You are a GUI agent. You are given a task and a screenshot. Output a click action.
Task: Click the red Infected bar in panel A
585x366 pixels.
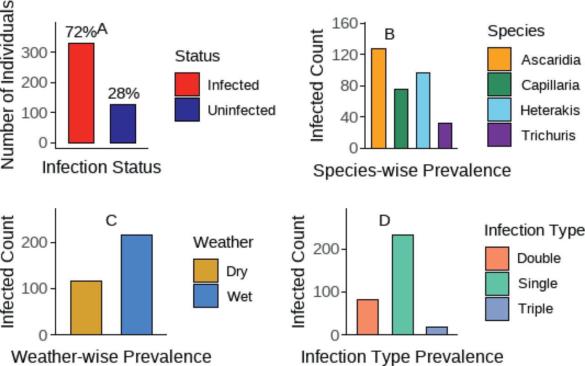pos(81,93)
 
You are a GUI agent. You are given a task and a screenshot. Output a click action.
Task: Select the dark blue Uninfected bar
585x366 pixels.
pos(123,124)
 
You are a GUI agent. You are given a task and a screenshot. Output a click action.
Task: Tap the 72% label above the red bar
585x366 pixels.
pos(80,33)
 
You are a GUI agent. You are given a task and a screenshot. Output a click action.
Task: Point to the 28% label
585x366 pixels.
pos(123,94)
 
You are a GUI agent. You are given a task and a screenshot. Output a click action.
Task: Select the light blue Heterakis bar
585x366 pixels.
pos(423,110)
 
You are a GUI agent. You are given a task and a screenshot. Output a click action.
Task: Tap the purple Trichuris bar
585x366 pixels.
pos(445,136)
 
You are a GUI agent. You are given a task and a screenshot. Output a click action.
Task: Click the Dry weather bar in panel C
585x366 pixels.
pos(86,308)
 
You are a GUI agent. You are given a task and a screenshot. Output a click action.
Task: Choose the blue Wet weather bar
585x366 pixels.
pos(137,285)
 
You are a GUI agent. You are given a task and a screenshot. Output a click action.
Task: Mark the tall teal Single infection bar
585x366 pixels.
pos(402,285)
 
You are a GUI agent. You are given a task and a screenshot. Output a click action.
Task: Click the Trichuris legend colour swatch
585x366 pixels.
pos(499,136)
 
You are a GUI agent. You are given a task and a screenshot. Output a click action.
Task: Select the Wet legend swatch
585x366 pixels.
pos(205,296)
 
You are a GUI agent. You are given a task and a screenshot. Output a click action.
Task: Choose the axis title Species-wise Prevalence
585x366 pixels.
pos(412,170)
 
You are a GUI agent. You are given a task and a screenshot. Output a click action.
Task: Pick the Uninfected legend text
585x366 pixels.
pos(241,110)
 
